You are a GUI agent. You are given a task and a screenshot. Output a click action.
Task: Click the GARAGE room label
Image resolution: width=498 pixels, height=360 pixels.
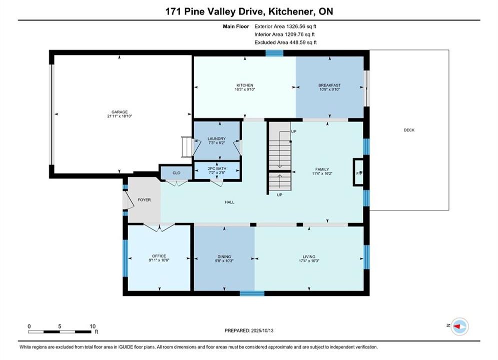click(120, 112)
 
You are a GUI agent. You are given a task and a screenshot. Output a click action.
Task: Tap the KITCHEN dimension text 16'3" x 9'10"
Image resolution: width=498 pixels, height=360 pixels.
click(245, 89)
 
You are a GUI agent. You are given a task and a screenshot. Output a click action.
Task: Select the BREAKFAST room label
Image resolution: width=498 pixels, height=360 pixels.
click(330, 85)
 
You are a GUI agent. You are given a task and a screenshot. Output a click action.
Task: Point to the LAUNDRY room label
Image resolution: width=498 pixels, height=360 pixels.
click(217, 138)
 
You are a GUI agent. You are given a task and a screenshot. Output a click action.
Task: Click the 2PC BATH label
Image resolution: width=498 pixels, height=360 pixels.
click(217, 168)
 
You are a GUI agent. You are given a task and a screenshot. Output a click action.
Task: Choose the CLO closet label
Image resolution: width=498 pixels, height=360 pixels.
click(176, 173)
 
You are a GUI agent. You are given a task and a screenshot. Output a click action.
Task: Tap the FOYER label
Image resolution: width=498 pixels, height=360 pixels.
click(144, 200)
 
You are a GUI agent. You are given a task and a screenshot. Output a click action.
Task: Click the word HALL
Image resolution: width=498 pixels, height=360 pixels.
click(230, 202)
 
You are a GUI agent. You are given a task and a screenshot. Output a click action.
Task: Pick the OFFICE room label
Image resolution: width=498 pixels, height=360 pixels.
click(159, 256)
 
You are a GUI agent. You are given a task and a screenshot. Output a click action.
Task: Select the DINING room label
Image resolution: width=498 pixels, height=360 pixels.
click(224, 256)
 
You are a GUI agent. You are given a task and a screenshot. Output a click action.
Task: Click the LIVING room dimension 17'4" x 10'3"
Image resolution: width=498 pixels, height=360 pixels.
click(309, 260)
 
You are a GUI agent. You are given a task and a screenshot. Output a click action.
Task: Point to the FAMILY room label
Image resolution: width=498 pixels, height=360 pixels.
click(322, 169)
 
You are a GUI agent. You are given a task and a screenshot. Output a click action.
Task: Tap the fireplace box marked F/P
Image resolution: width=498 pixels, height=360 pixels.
click(358, 172)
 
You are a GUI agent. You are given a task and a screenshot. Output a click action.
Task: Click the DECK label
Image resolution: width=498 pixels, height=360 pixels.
click(409, 130)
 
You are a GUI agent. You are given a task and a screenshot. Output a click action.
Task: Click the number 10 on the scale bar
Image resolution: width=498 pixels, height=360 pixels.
click(93, 326)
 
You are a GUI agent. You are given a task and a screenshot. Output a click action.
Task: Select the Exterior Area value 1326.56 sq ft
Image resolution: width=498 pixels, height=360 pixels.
click(301, 26)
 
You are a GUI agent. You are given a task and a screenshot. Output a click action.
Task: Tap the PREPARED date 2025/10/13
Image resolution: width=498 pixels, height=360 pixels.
click(262, 330)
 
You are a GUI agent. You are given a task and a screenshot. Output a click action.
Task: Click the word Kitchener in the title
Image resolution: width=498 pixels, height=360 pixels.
click(289, 11)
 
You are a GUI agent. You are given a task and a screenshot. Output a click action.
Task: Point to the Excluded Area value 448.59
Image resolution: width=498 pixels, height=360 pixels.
click(298, 42)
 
